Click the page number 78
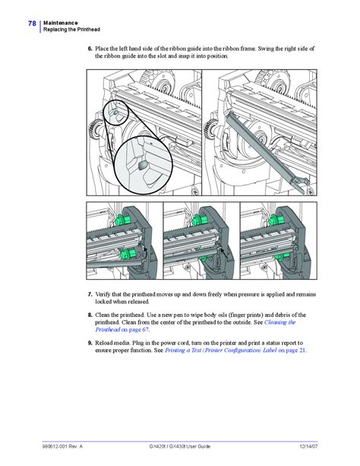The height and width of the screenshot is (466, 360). click(x=32, y=24)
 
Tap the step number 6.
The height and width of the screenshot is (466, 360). click(x=90, y=48)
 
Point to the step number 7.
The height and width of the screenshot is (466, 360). click(x=90, y=294)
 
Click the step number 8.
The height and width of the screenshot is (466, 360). click(x=90, y=315)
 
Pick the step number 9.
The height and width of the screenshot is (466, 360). click(x=90, y=344)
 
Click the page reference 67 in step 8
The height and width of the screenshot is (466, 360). click(x=144, y=330)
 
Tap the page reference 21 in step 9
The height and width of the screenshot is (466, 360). click(x=302, y=351)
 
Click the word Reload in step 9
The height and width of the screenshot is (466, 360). click(x=106, y=344)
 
